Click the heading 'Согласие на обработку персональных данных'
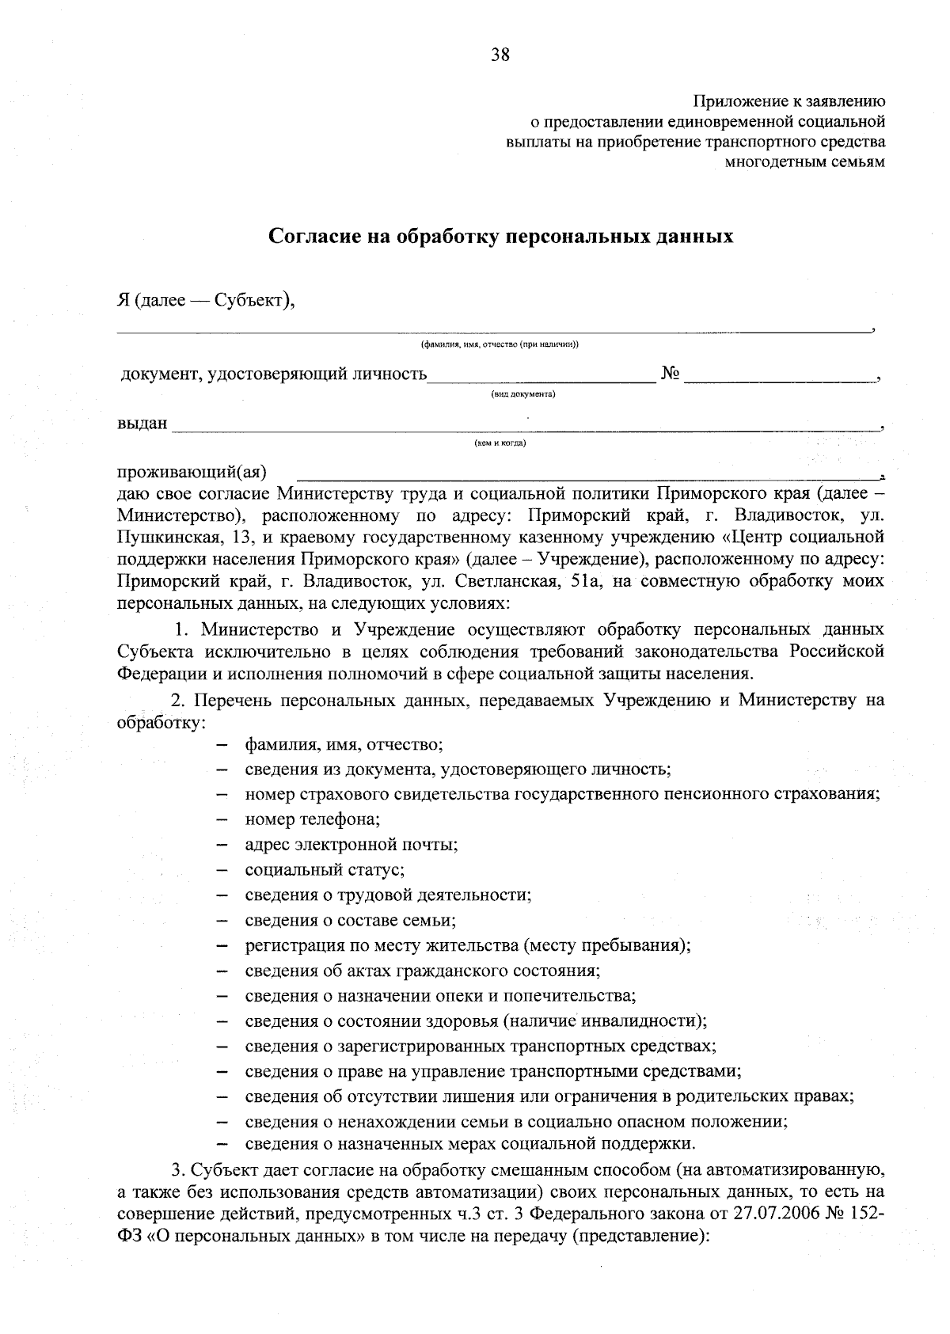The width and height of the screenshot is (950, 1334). [501, 236]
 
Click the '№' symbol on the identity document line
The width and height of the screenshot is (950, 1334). [670, 374]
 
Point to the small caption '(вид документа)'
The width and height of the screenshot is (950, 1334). [523, 393]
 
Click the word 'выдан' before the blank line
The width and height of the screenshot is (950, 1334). [142, 424]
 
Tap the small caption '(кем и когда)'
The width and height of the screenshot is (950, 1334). [500, 443]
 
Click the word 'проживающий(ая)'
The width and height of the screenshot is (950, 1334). [192, 473]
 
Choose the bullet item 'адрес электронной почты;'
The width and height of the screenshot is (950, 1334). [351, 844]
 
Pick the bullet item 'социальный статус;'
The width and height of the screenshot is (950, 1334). [325, 869]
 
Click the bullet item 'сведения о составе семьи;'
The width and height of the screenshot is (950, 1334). [350, 920]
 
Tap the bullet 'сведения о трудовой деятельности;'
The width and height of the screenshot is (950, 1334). [388, 895]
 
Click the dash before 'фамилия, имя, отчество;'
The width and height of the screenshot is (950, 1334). [222, 746]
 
